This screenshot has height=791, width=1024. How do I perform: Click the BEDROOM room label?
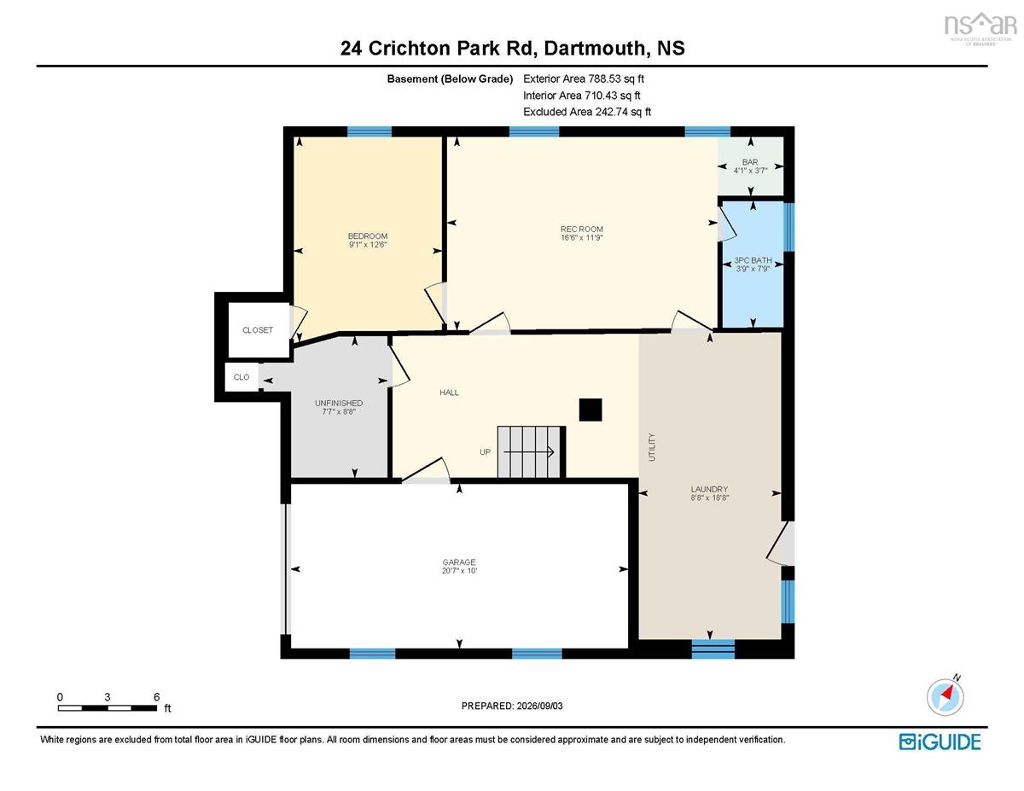(368, 236)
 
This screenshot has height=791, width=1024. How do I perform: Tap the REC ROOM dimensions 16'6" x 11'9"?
(581, 237)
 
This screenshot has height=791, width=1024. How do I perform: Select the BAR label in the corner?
(750, 162)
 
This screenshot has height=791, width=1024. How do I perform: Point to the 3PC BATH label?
(753, 260)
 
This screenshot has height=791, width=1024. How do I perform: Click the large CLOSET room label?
(258, 330)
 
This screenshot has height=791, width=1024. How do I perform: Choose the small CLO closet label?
(241, 377)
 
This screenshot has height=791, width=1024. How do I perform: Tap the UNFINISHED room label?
(339, 403)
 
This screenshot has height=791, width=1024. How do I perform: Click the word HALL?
(449, 393)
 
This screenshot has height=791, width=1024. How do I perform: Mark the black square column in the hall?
(591, 410)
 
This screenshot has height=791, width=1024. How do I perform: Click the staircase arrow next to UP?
(529, 452)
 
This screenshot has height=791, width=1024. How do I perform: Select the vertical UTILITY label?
(652, 447)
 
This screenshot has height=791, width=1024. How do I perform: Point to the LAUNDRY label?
(709, 489)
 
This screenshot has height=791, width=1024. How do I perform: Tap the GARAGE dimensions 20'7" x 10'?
(459, 571)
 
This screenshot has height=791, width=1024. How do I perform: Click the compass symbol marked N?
(945, 697)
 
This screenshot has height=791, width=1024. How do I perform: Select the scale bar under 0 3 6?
(108, 708)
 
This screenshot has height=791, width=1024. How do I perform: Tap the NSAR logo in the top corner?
(980, 28)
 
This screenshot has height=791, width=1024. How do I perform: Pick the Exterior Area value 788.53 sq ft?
(616, 79)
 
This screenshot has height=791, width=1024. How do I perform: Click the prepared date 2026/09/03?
(539, 706)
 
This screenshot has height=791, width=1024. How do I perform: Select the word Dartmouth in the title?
(595, 49)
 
